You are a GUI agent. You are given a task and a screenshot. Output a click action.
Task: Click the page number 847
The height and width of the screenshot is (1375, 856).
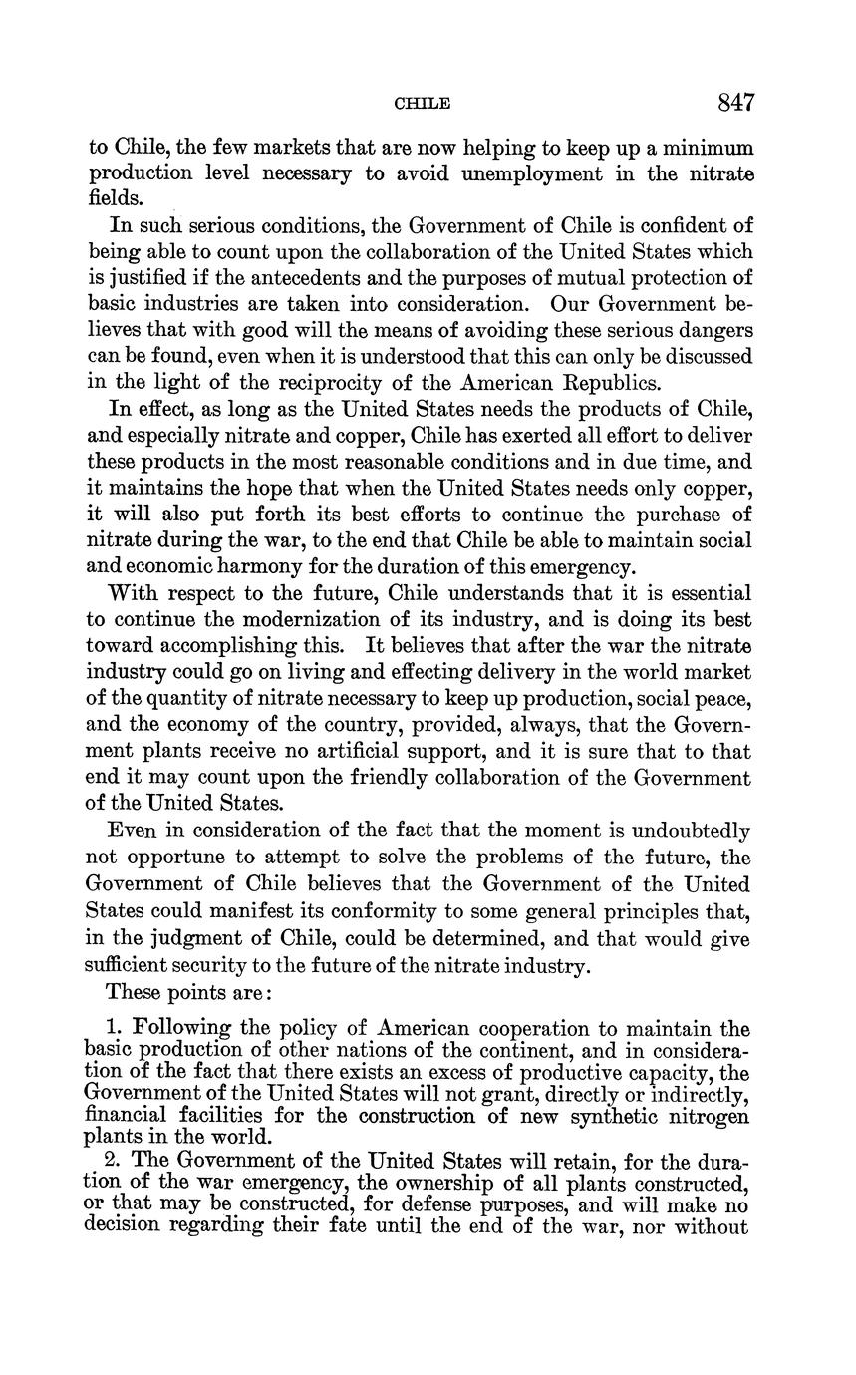(735, 103)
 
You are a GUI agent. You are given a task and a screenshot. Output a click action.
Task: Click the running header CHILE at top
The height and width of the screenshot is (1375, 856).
(423, 104)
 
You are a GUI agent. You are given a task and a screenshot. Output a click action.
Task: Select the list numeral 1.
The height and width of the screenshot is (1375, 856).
(113, 1028)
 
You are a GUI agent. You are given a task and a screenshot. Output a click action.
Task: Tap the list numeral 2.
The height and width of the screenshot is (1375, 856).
(113, 1161)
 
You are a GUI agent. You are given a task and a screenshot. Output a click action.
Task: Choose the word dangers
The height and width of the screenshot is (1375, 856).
(714, 329)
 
